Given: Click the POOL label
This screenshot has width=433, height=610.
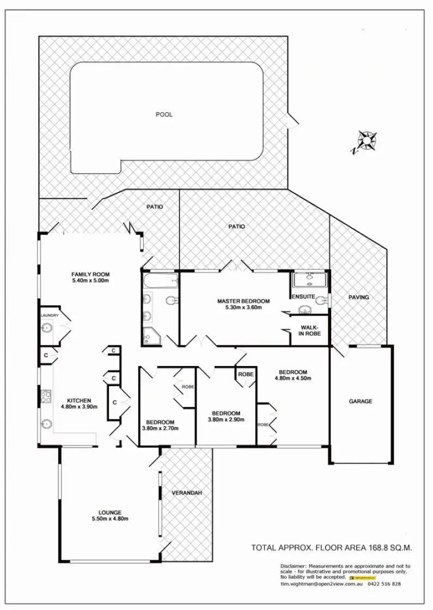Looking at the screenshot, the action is (x=164, y=114).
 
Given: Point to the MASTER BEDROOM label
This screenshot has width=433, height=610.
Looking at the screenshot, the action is (x=243, y=301).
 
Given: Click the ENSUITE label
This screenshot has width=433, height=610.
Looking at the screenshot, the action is (x=303, y=297).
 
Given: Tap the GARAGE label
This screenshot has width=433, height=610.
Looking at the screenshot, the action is (x=361, y=401).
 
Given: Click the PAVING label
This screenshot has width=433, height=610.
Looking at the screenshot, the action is (x=359, y=297).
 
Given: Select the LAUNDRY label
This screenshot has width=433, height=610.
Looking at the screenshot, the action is (x=49, y=315).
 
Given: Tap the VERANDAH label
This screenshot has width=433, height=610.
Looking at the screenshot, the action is (x=187, y=493).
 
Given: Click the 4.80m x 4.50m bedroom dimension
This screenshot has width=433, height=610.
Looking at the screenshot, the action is (x=291, y=379).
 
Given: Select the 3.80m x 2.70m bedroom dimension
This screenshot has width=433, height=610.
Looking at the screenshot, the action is (x=160, y=428).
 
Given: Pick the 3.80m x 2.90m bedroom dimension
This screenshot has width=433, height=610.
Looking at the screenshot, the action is (x=226, y=419).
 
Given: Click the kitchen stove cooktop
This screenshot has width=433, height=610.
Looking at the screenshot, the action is (x=46, y=396).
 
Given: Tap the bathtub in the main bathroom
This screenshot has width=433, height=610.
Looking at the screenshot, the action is (x=160, y=281).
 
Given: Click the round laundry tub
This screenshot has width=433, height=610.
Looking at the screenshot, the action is (x=47, y=328).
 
